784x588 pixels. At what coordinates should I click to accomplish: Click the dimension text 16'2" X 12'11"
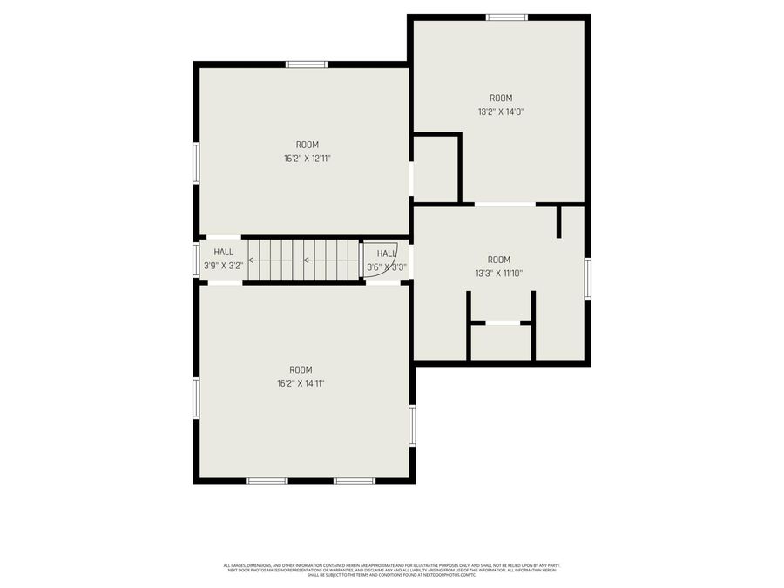tap(307, 159)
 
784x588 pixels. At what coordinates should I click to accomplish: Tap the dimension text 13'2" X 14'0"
tap(500, 112)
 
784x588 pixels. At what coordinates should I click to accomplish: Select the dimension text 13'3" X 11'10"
tap(498, 273)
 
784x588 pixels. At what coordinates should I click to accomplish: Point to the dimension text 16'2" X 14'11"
tap(301, 383)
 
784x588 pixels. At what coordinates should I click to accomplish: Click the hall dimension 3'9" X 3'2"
tap(223, 265)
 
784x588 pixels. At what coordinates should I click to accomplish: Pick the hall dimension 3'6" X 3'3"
tap(386, 267)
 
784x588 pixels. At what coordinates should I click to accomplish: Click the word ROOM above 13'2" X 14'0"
tap(500, 98)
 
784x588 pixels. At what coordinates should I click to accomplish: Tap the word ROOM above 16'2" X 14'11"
tap(301, 369)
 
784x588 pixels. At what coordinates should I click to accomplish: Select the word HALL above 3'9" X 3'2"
tap(223, 252)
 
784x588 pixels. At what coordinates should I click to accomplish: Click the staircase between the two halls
tap(303, 260)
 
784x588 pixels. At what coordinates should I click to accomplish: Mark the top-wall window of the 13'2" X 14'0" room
tap(506, 17)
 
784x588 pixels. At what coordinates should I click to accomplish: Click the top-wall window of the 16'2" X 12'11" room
tap(307, 64)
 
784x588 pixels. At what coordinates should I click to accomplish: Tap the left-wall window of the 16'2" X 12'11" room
tap(197, 163)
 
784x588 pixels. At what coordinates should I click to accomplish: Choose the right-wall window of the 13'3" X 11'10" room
tap(588, 279)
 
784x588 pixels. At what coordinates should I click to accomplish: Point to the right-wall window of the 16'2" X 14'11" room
tap(412, 425)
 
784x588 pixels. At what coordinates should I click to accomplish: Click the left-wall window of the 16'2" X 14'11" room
tap(197, 397)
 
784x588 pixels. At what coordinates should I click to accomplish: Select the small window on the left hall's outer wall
tap(197, 260)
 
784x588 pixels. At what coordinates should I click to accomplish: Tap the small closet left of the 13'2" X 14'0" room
tap(436, 169)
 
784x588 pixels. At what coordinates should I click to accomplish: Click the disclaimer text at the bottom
tap(392, 570)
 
